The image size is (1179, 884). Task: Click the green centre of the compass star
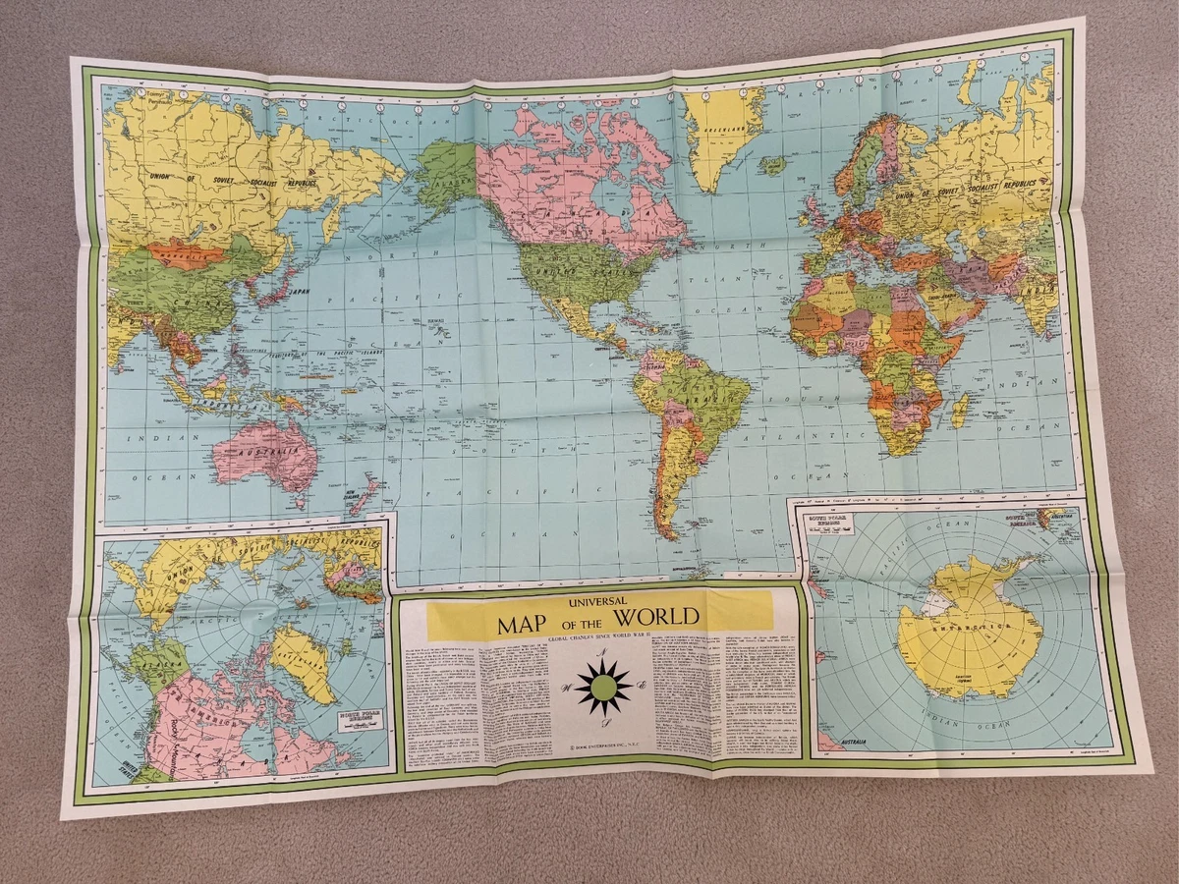(x=603, y=688)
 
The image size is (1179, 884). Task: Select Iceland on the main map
(x=774, y=166)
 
